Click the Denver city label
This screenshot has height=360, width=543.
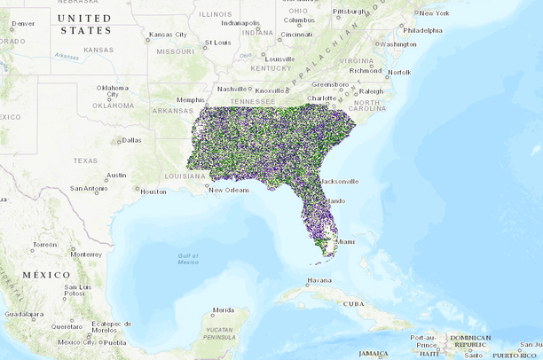[x=22, y=23]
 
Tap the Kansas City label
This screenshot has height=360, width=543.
[x=168, y=35]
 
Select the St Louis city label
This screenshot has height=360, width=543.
[x=217, y=42]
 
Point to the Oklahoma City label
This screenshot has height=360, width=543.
[x=113, y=91]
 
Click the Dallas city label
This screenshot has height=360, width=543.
[x=131, y=139]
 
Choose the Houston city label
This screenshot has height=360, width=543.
[x=153, y=191]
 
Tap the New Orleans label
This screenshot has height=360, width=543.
[x=229, y=190]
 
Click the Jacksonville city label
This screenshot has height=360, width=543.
[x=337, y=181]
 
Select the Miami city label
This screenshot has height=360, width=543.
[x=344, y=241]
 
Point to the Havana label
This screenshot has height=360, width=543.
[x=319, y=280]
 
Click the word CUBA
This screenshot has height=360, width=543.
[x=353, y=303]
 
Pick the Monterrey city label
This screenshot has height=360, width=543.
[x=86, y=254]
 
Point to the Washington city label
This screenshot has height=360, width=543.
[x=397, y=43]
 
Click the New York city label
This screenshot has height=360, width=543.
[x=434, y=12]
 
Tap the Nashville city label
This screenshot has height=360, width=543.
[x=232, y=89]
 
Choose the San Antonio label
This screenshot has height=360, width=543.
[x=89, y=188]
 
